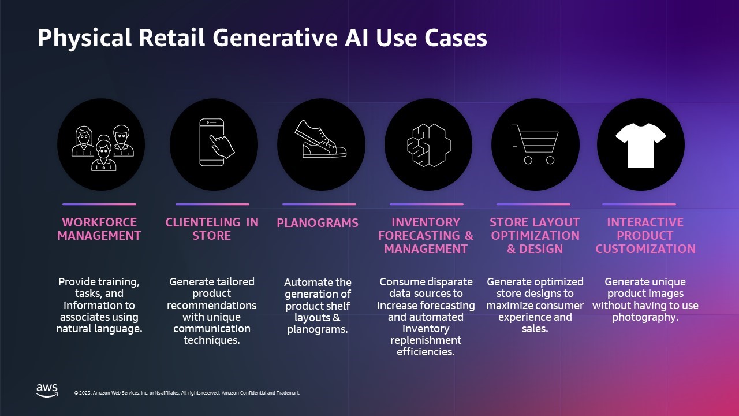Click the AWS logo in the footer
(x=47, y=390)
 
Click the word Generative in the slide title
(x=275, y=38)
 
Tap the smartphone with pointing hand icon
(x=217, y=142)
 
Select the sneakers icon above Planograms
(x=320, y=139)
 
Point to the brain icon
(x=429, y=145)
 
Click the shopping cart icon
(x=535, y=144)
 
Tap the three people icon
(x=103, y=147)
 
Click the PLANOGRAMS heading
(x=318, y=223)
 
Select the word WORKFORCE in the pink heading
(x=99, y=222)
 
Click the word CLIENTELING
(x=203, y=222)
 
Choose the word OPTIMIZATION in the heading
(x=535, y=235)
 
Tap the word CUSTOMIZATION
(x=645, y=248)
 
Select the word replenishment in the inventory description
(x=426, y=340)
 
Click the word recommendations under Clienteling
(x=211, y=306)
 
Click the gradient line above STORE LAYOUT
(x=533, y=205)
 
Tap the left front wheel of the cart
(x=528, y=160)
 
